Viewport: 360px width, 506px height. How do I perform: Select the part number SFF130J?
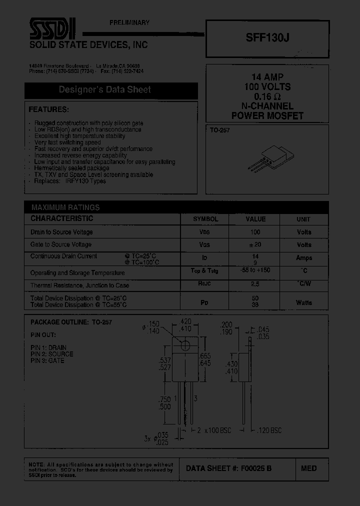[x=267, y=35]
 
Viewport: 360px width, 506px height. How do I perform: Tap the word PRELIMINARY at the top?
[x=129, y=23]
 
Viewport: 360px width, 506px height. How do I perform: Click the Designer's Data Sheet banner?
[x=105, y=90]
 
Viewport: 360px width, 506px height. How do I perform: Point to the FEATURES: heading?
[x=48, y=109]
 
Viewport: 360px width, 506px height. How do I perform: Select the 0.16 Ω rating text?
[x=267, y=96]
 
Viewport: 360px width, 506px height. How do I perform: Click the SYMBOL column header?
[x=205, y=219]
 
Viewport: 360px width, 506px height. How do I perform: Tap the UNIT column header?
[x=303, y=219]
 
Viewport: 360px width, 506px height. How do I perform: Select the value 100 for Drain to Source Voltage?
[x=255, y=232]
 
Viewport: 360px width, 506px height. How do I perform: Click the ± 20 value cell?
[x=255, y=244]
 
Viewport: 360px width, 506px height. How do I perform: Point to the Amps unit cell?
[x=303, y=258]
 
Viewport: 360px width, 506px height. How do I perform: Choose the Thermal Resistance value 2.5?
[x=255, y=284]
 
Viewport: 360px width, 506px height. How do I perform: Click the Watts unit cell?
[x=303, y=302]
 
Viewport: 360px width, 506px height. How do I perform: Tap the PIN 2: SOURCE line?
[x=51, y=354]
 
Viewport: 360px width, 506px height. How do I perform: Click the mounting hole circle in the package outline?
[x=186, y=345]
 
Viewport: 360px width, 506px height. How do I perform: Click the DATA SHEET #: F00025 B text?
[x=228, y=468]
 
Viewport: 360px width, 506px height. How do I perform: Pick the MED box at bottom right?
[x=308, y=468]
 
